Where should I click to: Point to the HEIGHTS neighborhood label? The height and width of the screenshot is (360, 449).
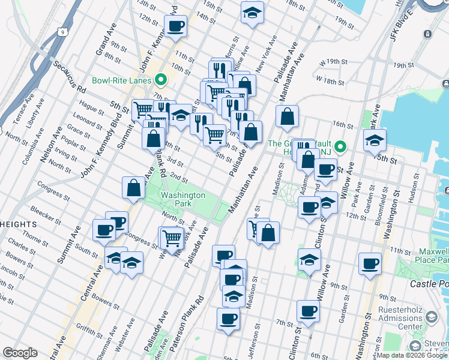pyautogui.click(x=18, y=224)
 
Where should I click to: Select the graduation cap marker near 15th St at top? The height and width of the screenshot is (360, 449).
pyautogui.click(x=252, y=12)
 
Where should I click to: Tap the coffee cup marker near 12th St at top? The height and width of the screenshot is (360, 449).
pyautogui.click(x=175, y=26)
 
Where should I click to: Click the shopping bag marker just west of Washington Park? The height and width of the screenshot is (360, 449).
pyautogui.click(x=133, y=188)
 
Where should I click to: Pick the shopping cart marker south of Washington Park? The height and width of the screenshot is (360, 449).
pyautogui.click(x=172, y=238)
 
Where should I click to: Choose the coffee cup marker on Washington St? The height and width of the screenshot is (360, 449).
pyautogui.click(x=369, y=263)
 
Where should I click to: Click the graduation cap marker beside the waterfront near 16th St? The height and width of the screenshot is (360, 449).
pyautogui.click(x=375, y=140)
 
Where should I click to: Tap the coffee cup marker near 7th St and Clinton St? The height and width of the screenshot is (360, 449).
pyautogui.click(x=308, y=311)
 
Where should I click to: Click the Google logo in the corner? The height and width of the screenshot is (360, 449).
pyautogui.click(x=19, y=353)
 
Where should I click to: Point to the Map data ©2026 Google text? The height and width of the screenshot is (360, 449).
pyautogui.click(x=411, y=356)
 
